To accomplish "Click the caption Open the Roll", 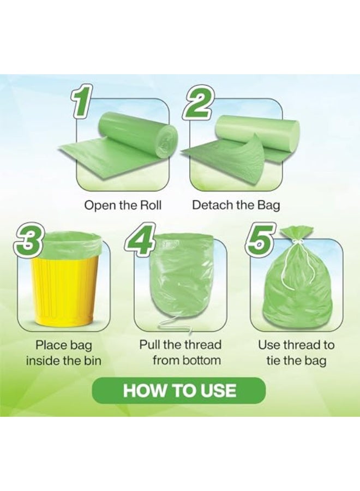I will [123, 206].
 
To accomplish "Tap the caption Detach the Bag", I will [236, 206].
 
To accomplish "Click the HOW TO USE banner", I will [179, 391].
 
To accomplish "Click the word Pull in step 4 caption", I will [151, 345].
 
